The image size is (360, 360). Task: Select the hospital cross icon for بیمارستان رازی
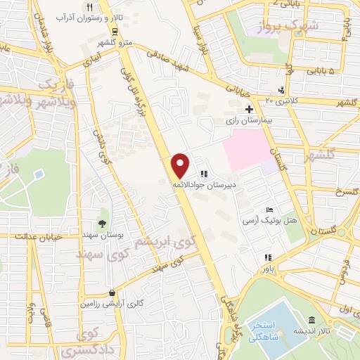[x=249, y=109]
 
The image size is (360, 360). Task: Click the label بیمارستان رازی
[x=248, y=121]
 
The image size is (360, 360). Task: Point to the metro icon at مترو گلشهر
[x=115, y=31]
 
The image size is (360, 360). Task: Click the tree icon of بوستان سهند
[x=103, y=223]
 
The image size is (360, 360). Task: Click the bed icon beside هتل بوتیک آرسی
[x=270, y=210]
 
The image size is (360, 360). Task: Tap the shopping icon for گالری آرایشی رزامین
[x=112, y=292]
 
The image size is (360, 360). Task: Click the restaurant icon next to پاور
[x=267, y=257]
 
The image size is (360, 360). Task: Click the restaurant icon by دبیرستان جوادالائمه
[x=204, y=173]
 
